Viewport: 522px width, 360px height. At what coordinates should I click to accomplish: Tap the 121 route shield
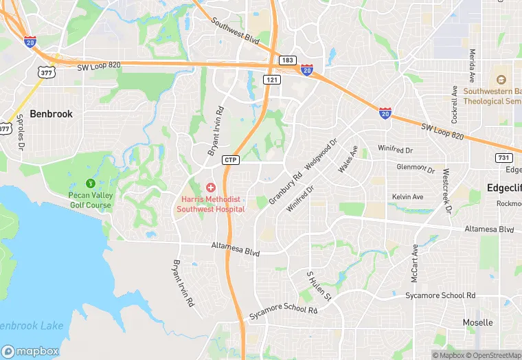(x=273, y=80)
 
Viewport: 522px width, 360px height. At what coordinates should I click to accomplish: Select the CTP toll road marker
(x=231, y=160)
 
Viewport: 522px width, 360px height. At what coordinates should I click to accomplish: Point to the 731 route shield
(x=503, y=158)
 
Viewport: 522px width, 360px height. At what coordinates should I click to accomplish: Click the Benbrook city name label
(x=51, y=114)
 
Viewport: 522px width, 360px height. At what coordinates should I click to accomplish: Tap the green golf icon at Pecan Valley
(x=89, y=183)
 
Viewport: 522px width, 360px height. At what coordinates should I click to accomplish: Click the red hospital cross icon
(x=211, y=187)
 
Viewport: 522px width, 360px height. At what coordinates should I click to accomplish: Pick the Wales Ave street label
(x=348, y=159)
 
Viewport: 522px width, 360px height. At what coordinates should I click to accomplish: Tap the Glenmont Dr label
(x=416, y=168)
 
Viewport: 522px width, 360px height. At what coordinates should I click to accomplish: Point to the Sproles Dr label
(x=21, y=133)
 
